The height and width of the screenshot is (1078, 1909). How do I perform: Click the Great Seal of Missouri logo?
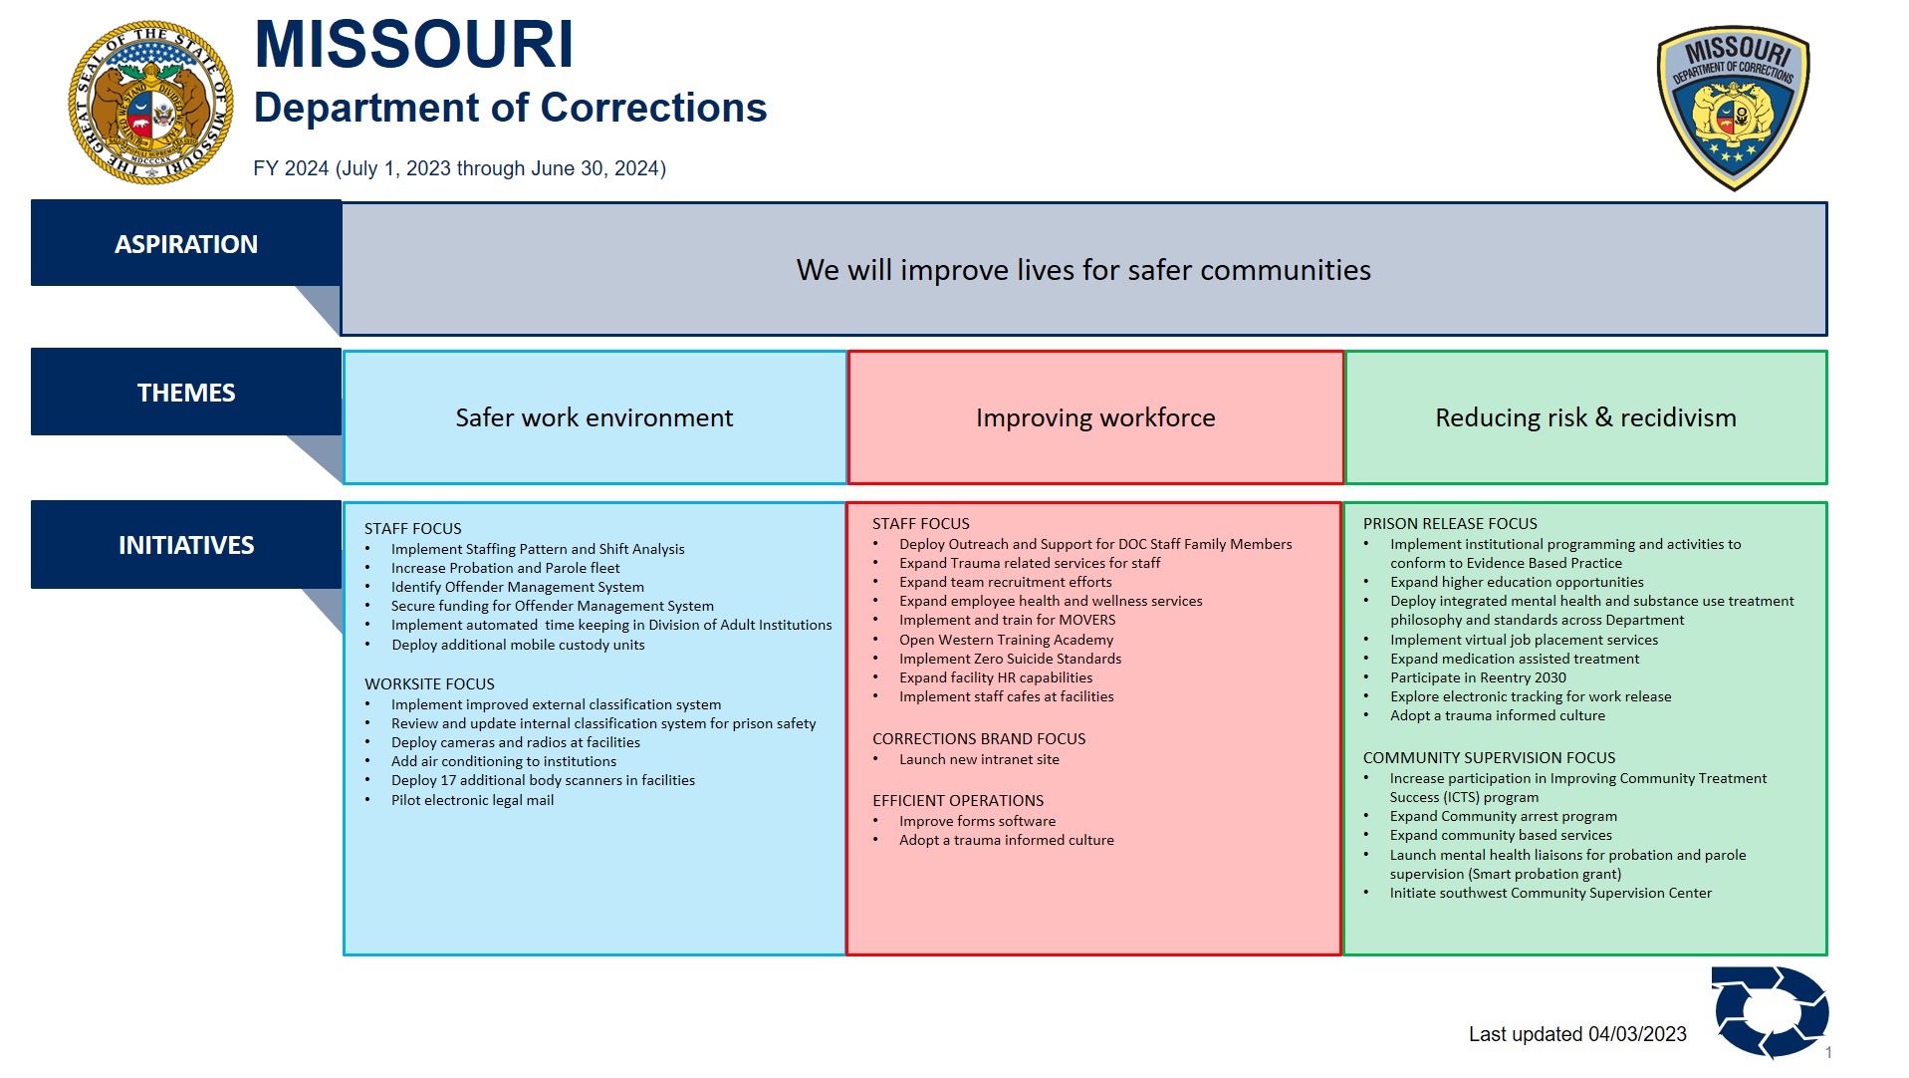coord(150,103)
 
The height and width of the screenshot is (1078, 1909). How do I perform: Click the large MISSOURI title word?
coord(413,45)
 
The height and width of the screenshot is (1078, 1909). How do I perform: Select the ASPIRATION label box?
coord(186,244)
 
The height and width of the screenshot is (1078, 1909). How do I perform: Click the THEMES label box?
coord(186,393)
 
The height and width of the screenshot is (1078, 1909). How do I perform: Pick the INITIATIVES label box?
coord(186,545)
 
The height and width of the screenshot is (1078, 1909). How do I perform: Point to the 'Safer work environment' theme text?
coord(594,417)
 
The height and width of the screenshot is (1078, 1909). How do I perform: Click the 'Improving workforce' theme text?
coord(1095,417)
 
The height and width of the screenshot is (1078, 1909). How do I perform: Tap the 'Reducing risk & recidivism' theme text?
coord(1585,417)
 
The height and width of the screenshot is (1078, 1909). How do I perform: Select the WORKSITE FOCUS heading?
coord(429,684)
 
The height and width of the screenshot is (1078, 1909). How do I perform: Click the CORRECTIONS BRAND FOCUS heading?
coord(979,739)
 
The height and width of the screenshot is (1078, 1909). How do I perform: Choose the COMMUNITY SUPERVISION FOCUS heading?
coord(1489,758)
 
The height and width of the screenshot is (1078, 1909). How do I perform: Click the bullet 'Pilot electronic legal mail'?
coord(472,800)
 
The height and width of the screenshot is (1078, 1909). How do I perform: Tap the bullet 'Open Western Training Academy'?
coord(1006,640)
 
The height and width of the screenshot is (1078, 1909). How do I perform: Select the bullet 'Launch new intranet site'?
coord(979,759)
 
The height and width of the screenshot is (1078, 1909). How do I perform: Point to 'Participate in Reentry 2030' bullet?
coord(1478,677)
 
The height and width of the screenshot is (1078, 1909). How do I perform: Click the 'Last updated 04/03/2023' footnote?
coord(1577,1034)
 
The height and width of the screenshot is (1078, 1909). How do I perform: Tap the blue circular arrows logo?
coord(1770,1011)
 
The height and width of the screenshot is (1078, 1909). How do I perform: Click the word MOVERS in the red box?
coord(1086,620)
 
